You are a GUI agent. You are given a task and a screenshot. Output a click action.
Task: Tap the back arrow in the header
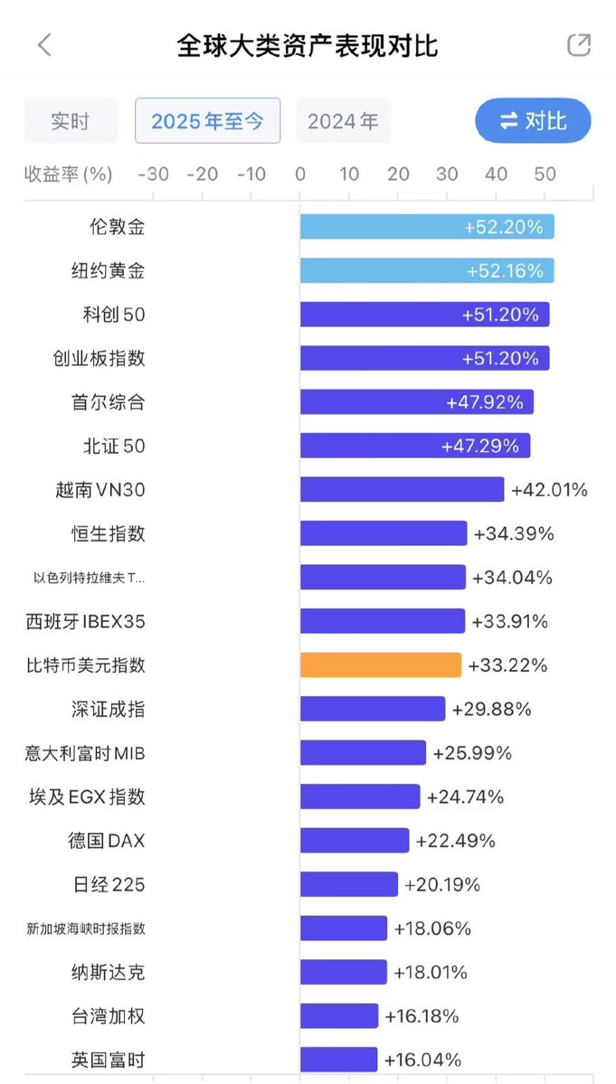click(44, 46)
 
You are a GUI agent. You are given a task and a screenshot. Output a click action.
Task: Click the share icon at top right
click(578, 45)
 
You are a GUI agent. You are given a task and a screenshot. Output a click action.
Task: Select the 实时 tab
click(71, 121)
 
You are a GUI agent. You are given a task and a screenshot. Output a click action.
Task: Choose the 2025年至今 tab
click(207, 121)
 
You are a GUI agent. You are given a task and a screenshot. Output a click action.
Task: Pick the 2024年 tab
click(343, 121)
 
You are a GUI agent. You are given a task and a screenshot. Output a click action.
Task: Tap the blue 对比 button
click(533, 121)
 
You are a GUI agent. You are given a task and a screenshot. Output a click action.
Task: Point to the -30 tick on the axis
click(153, 174)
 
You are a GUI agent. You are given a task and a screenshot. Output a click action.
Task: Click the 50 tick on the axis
click(545, 174)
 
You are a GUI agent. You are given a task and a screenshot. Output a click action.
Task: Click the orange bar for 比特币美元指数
click(381, 665)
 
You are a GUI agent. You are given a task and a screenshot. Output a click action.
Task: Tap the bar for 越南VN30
click(402, 490)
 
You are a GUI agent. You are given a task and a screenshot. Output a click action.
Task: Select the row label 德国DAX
click(106, 841)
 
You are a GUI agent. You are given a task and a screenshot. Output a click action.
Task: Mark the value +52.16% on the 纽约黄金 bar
click(505, 270)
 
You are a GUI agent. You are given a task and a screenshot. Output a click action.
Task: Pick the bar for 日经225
click(349, 884)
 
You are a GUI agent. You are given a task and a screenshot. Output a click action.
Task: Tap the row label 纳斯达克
click(108, 972)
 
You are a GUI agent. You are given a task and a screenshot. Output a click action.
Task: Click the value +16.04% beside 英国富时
click(422, 1060)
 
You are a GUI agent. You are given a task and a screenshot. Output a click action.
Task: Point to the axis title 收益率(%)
click(69, 174)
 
